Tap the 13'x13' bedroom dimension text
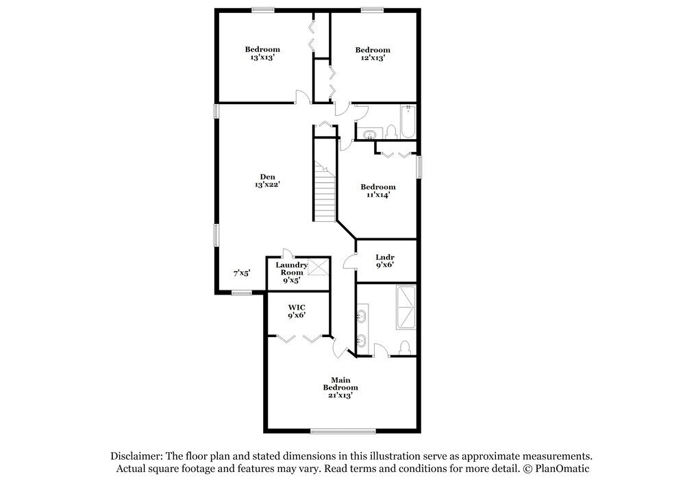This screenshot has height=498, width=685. pos(263,58)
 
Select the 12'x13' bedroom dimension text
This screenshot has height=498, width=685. pos(372,58)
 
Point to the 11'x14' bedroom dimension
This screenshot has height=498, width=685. pos(377,195)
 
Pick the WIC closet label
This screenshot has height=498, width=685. pos(296,306)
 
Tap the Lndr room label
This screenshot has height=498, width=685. pos(382,258)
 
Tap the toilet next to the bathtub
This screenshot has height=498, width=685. pos(392,130)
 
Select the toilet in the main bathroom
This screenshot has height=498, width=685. pos(405,347)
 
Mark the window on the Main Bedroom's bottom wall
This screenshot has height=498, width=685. pos(342,431)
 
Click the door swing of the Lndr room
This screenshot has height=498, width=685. pos(349,260)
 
